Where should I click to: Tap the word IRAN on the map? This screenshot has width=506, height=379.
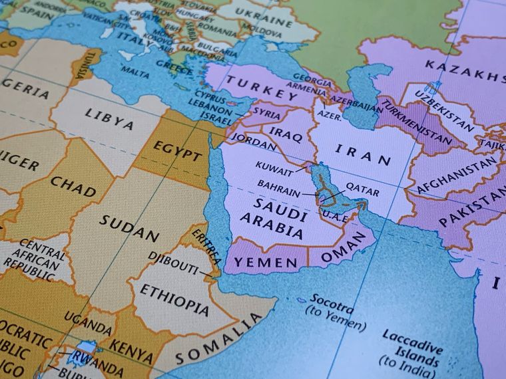363,154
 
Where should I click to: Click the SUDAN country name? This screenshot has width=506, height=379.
130,227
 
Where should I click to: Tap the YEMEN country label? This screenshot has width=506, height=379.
266,263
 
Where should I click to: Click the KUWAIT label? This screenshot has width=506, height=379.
275,164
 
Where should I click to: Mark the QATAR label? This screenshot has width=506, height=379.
363,191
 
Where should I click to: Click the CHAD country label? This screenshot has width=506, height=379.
73,186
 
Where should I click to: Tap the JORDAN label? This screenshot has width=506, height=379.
254,143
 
